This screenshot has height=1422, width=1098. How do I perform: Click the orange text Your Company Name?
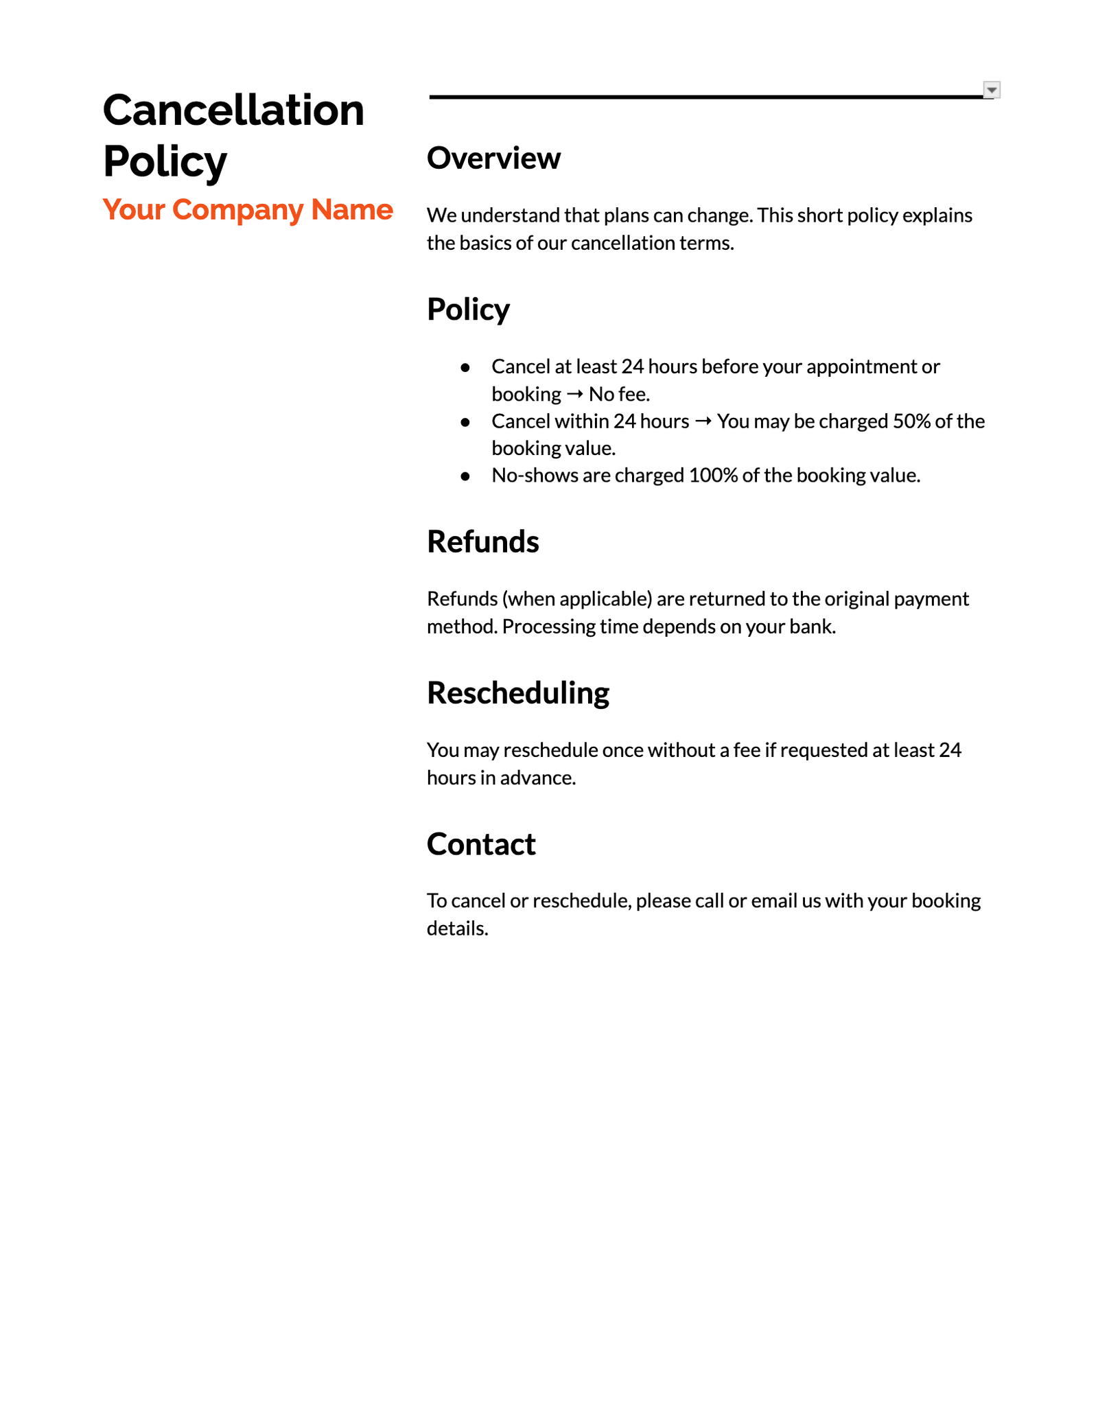[x=247, y=209]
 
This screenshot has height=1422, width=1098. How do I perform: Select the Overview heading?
[x=493, y=158]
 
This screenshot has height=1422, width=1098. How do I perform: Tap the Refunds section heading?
[x=482, y=541]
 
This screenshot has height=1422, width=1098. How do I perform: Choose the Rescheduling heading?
[x=517, y=692]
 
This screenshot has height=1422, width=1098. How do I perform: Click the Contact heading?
[x=480, y=843]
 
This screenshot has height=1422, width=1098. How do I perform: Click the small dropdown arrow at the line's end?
[x=992, y=90]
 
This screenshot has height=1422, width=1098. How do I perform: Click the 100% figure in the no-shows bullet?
[x=712, y=475]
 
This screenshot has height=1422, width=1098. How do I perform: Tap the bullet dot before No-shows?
[x=465, y=476]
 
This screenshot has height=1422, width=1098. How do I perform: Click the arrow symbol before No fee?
[x=575, y=394]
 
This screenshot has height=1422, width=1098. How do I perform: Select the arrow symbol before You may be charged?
[x=703, y=421]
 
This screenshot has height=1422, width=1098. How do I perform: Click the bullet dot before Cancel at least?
[x=465, y=368]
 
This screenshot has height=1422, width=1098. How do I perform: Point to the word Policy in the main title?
[x=165, y=161]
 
